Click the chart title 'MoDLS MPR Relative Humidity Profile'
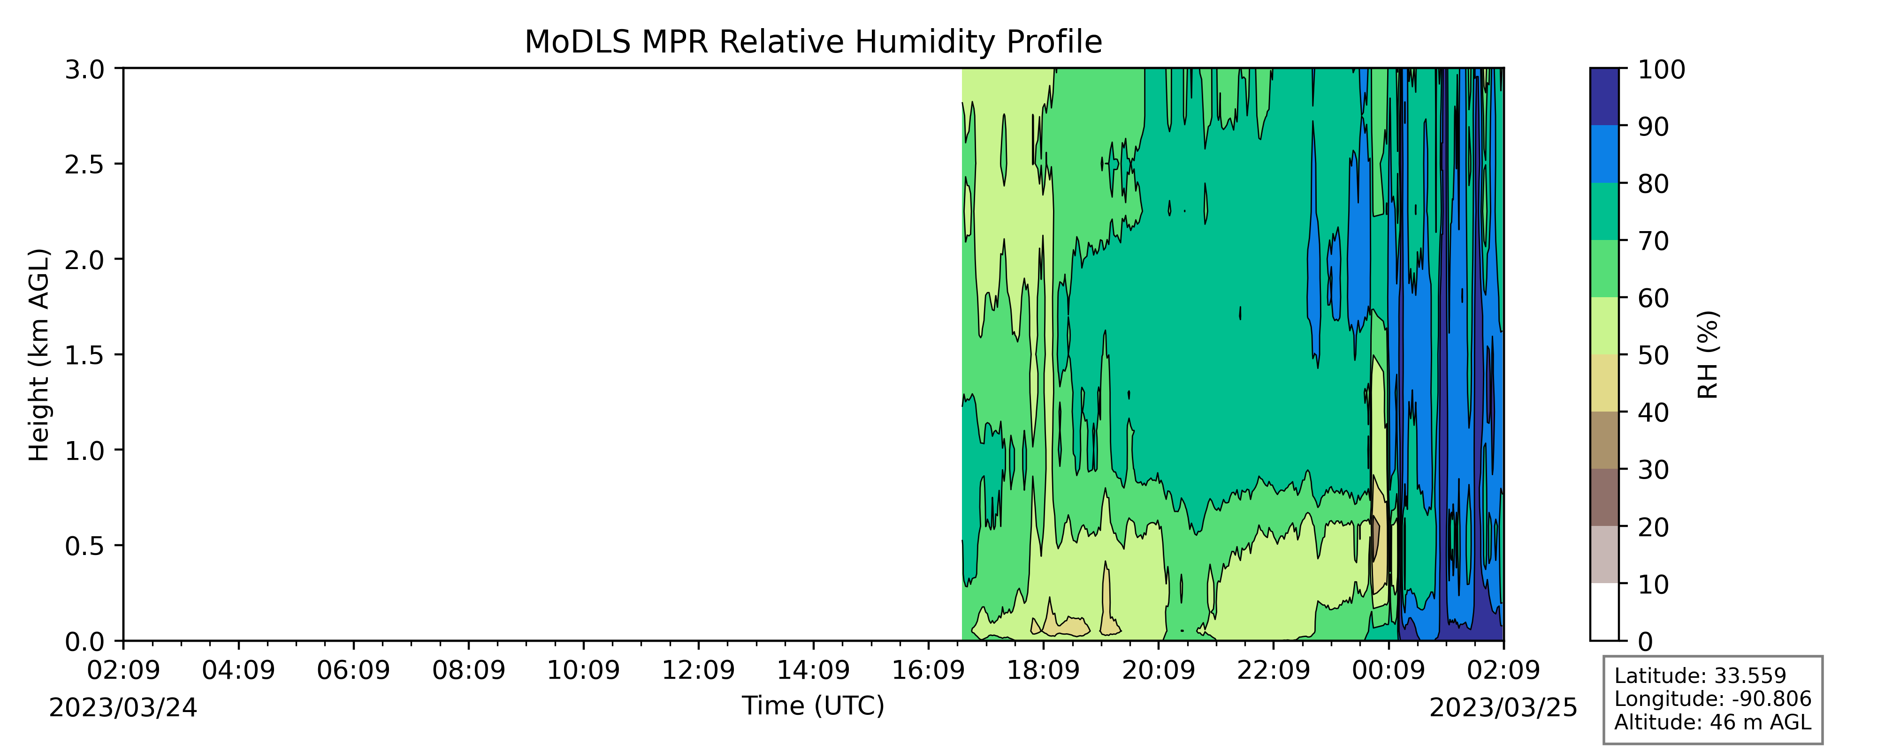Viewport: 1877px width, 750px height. pyautogui.click(x=813, y=42)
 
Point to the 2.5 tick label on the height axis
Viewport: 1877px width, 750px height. pyautogui.click(x=84, y=165)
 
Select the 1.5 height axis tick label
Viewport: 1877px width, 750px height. pyautogui.click(x=84, y=355)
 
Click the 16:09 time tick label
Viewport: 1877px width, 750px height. pyautogui.click(x=928, y=670)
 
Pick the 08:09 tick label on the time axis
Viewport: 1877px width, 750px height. pyautogui.click(x=468, y=670)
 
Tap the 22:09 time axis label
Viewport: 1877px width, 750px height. pyautogui.click(x=1274, y=670)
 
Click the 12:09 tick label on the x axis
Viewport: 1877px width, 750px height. pyautogui.click(x=698, y=670)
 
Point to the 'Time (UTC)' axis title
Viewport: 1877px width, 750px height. pyautogui.click(x=813, y=705)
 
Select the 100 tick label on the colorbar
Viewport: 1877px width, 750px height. pyautogui.click(x=1661, y=69)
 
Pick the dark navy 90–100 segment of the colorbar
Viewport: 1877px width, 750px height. pyautogui.click(x=1604, y=97)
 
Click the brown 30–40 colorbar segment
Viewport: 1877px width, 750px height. pyautogui.click(x=1604, y=440)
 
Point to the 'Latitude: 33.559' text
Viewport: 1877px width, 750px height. pyautogui.click(x=1700, y=676)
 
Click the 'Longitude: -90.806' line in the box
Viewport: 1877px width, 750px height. pyautogui.click(x=1712, y=699)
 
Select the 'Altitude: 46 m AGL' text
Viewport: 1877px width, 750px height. pyautogui.click(x=1712, y=722)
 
